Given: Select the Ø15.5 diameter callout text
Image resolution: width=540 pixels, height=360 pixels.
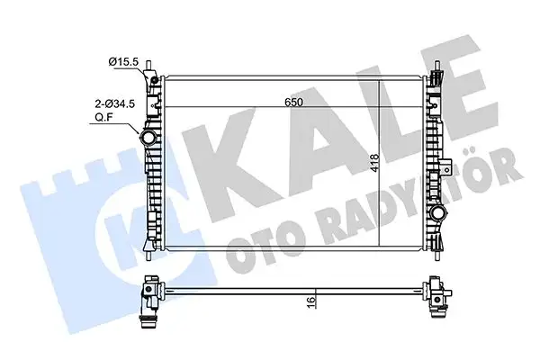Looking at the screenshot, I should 122,61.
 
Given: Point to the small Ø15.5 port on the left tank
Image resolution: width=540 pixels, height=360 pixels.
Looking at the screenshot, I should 156,83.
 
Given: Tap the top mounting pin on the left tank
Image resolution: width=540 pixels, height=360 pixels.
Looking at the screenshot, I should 158,68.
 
